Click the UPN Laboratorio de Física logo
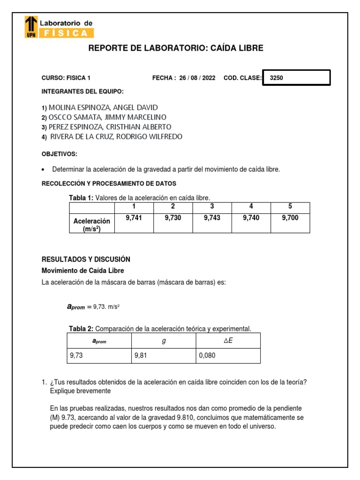tap(59, 27)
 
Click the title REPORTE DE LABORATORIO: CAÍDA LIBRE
tap(176, 48)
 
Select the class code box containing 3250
tap(297, 78)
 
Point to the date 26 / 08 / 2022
tap(197, 78)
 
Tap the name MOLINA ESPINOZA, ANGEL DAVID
tap(103, 107)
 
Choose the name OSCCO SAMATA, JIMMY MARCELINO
tap(107, 117)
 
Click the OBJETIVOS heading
tap(60, 154)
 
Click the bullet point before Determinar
tap(44, 170)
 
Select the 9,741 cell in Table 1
tap(134, 218)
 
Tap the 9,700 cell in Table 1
tap(290, 218)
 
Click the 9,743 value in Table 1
tap(212, 218)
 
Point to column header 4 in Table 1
tap(251, 207)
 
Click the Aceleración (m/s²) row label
tap(92, 225)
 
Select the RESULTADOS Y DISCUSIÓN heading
tap(86, 259)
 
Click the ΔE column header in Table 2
tap(228, 341)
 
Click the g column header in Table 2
tap(164, 341)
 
